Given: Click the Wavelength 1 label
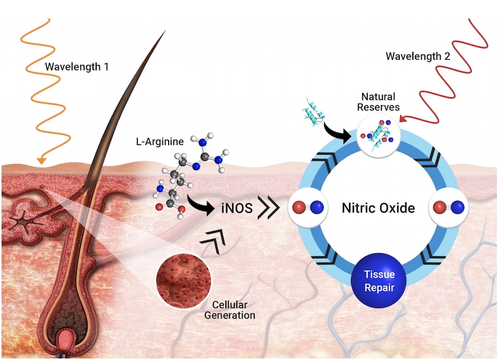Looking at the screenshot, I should click(77, 67).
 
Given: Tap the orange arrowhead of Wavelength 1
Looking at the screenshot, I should click(41, 160).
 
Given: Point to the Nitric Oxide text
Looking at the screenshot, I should click(378, 208).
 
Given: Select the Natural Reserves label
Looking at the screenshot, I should click(379, 102).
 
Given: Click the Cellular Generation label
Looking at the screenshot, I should click(233, 310).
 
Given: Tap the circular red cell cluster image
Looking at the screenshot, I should click(183, 280).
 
